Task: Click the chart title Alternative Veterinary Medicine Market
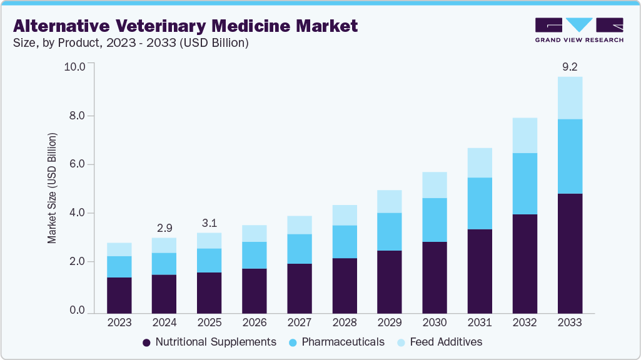click(185, 26)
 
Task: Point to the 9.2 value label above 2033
click(570, 66)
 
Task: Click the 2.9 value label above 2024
click(164, 227)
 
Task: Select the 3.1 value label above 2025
click(209, 222)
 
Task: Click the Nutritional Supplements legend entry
click(209, 342)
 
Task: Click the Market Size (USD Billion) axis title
click(53, 188)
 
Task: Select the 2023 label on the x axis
click(119, 323)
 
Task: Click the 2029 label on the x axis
click(389, 323)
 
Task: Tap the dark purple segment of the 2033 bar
click(570, 253)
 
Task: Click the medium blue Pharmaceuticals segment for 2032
click(525, 184)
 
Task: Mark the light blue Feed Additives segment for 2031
click(480, 162)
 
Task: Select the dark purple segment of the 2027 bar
click(299, 288)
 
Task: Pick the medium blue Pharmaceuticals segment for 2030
click(434, 220)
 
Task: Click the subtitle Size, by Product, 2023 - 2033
click(131, 43)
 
